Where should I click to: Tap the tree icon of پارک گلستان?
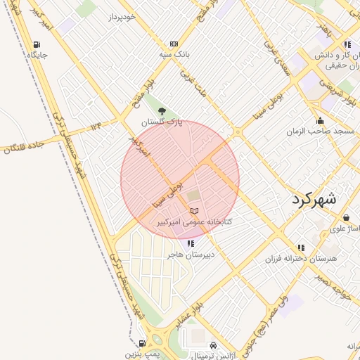(162, 111)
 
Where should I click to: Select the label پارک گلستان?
(162, 122)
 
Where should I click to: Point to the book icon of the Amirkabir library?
(195, 211)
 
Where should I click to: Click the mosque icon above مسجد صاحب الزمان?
(321, 120)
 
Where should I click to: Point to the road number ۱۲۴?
(96, 125)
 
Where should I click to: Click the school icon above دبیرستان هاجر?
(191, 243)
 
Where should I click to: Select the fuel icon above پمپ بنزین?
(142, 344)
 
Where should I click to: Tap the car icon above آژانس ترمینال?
(213, 345)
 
